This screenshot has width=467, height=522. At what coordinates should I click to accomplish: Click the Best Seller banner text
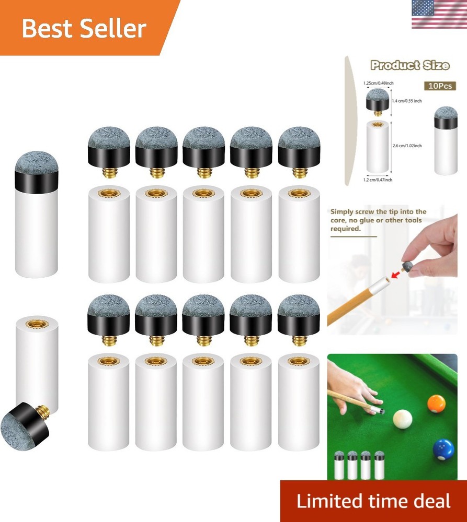pyautogui.click(x=84, y=29)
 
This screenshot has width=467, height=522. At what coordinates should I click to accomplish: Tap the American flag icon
pyautogui.click(x=439, y=14)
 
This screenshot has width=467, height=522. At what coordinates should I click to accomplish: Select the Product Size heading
pyautogui.click(x=409, y=65)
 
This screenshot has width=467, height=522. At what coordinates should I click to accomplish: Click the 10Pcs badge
pyautogui.click(x=439, y=86)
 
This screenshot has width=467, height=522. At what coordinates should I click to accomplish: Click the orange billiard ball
pyautogui.click(x=436, y=404)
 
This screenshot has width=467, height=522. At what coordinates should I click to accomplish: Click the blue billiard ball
pyautogui.click(x=443, y=449)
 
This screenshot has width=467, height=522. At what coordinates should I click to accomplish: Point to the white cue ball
pyautogui.click(x=402, y=419)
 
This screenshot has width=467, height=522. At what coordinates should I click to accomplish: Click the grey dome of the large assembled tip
pyautogui.click(x=36, y=162)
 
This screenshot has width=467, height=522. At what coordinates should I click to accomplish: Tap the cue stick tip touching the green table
pyautogui.click(x=382, y=411)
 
